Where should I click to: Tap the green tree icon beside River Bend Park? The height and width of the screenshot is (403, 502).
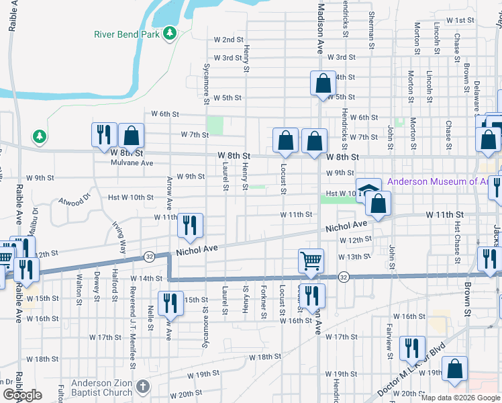click(170, 32)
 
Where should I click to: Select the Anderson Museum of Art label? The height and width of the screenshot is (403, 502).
click(443, 181)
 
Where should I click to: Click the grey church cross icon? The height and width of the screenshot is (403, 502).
click(143, 387)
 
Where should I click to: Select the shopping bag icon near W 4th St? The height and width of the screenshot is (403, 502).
click(323, 83)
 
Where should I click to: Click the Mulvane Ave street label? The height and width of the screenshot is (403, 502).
click(132, 163)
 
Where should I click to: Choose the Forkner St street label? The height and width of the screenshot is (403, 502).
click(263, 302)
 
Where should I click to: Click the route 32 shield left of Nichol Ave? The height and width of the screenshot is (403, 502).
click(149, 257)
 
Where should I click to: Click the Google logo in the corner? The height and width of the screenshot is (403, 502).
click(23, 395)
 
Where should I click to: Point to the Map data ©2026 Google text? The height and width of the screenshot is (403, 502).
click(460, 398)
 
